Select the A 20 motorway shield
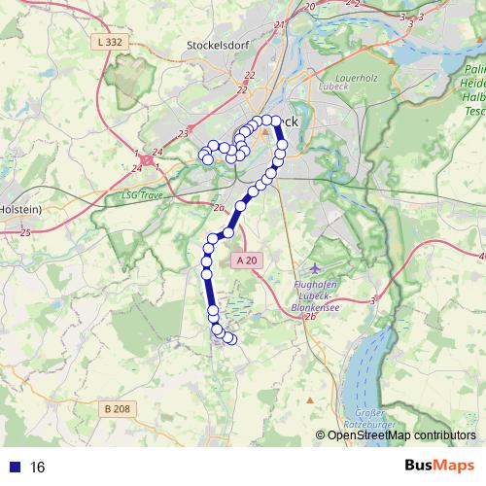click(x=247, y=260)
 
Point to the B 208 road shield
click(x=116, y=409)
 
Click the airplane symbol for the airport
click(x=313, y=266)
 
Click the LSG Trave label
click(x=140, y=194)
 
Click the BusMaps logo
click(x=434, y=467)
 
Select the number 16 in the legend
click(x=38, y=468)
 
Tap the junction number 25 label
click(x=24, y=232)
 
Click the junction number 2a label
click(x=219, y=208)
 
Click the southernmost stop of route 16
click(x=230, y=339)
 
